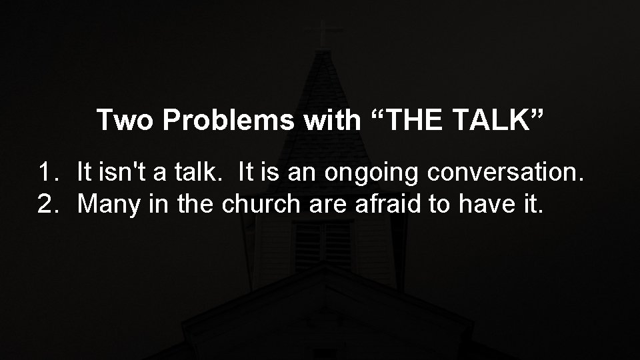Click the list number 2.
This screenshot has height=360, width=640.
46,205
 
